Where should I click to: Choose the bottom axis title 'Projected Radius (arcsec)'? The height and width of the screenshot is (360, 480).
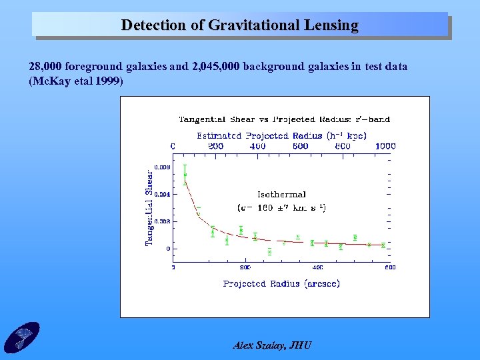tap(281, 283)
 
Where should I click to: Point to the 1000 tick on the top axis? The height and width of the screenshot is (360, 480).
tap(385, 145)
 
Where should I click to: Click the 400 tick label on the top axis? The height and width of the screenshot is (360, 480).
tap(257, 145)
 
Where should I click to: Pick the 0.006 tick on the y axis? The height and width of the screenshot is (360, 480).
tap(162, 167)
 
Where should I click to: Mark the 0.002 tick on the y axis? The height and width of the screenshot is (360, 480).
tap(162, 221)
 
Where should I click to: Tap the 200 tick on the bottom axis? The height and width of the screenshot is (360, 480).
tap(245, 267)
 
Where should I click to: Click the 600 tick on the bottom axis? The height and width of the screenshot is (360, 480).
tap(389, 267)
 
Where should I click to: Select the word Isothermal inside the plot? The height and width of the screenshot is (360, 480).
tap(281, 195)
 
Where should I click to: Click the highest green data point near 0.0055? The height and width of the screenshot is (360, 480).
tap(185, 175)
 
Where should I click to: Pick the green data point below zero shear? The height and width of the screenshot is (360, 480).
tap(269, 251)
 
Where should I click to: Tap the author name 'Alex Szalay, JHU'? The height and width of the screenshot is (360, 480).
tap(272, 345)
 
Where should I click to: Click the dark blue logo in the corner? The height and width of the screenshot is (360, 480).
tap(21, 337)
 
